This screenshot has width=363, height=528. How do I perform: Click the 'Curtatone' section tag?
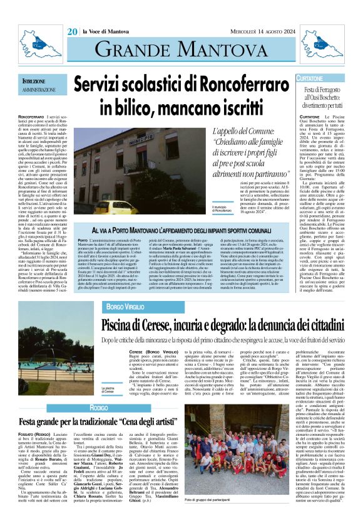pos(310,79)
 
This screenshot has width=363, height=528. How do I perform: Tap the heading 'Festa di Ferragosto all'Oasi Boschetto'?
pos(322,98)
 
